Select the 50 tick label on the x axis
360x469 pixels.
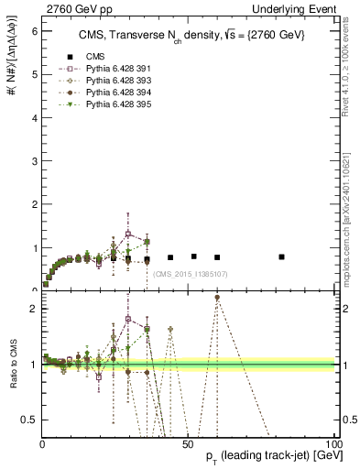(188, 444)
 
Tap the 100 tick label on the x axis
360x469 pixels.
(332, 444)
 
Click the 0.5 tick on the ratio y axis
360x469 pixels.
(28, 420)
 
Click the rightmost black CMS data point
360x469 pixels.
(281, 256)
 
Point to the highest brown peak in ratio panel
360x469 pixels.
(217, 298)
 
